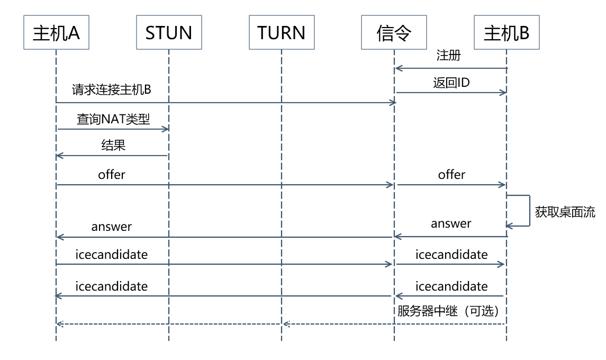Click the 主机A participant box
[56, 33]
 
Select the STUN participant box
[168, 33]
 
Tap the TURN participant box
[282, 33]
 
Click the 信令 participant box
[394, 33]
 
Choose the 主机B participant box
[506, 33]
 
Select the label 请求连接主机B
[112, 90]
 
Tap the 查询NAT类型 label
[113, 119]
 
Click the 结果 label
[113, 146]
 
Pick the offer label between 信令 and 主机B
[451, 175]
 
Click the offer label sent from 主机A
[112, 175]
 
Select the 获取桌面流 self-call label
[565, 213]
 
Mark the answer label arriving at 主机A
[112, 227]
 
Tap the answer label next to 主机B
[451, 223]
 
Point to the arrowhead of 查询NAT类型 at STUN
[166, 129]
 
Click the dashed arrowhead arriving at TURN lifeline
[285, 323]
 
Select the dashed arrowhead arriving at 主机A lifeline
[60, 323]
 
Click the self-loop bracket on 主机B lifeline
[529, 211]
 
